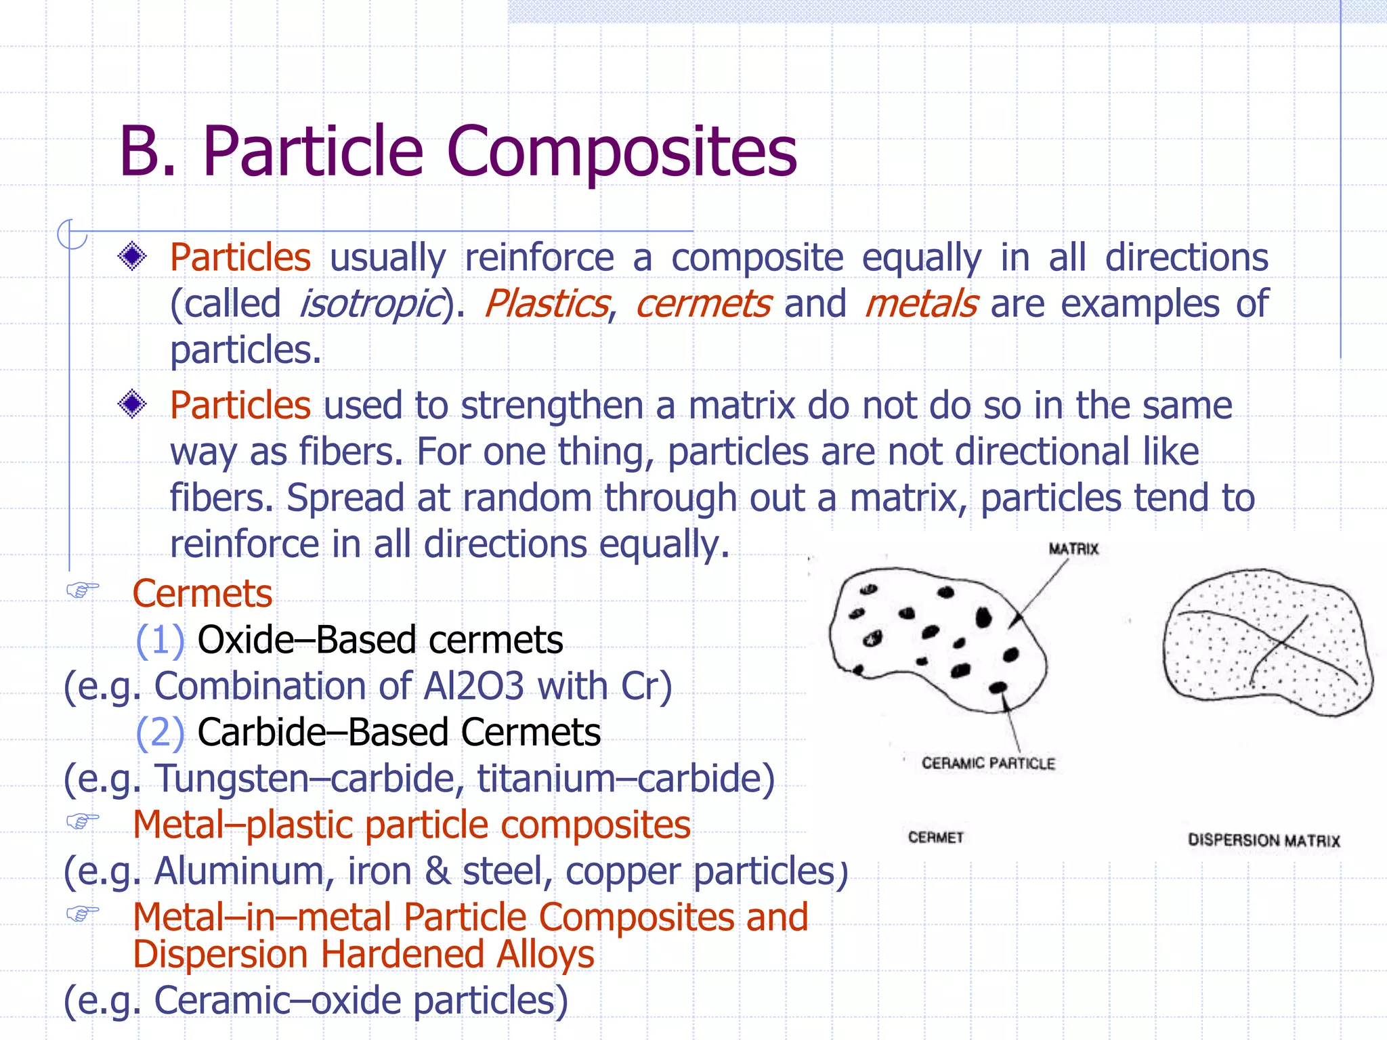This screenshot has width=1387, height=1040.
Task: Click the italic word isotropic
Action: point(370,304)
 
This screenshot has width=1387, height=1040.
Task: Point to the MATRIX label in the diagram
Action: point(1073,549)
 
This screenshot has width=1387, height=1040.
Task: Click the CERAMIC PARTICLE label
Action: point(988,764)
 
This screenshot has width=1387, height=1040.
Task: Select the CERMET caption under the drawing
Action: point(935,838)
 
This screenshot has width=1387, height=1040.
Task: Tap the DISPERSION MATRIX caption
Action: point(1264,840)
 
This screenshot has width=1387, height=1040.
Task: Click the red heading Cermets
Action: point(202,594)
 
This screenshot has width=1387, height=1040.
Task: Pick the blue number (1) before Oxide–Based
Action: point(160,640)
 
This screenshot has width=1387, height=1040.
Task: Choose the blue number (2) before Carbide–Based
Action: point(160,733)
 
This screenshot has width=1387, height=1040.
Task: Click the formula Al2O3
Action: point(473,686)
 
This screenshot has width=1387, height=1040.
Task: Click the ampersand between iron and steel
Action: point(438,871)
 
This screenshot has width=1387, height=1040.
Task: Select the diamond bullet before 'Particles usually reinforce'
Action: point(132,257)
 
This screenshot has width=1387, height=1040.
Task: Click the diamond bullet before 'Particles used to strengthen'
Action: point(132,404)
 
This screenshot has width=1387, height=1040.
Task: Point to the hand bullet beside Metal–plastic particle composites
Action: point(83,822)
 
